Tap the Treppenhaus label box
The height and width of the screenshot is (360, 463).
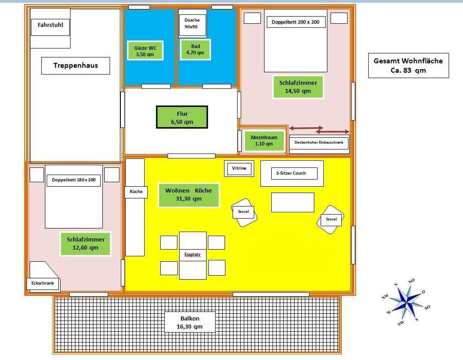pyautogui.click(x=75, y=66)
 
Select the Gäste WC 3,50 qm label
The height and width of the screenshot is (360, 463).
pyautogui.click(x=145, y=51)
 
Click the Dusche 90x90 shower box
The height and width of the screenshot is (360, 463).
pyautogui.click(x=192, y=23)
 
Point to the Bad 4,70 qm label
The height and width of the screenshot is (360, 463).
pyautogui.click(x=195, y=49)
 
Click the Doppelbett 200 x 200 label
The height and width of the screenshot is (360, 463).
pyautogui.click(x=295, y=22)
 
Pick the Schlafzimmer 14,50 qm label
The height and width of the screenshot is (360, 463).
pyautogui.click(x=298, y=87)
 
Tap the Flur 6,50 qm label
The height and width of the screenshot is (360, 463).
pyautogui.click(x=182, y=118)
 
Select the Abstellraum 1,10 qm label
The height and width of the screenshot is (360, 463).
pyautogui.click(x=264, y=141)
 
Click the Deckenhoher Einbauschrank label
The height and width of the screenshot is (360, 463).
pyautogui.click(x=319, y=143)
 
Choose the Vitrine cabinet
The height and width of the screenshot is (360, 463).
pyautogui.click(x=239, y=168)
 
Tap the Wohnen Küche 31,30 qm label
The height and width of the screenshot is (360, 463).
pyautogui.click(x=189, y=195)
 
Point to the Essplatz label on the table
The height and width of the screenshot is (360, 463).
pyautogui.click(x=193, y=255)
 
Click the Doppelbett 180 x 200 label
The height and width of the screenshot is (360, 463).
pyautogui.click(x=74, y=180)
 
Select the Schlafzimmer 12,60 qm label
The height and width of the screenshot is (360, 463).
pyautogui.click(x=86, y=244)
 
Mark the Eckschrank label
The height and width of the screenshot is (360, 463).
pyautogui.click(x=43, y=284)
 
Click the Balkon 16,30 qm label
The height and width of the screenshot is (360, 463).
pyautogui.click(x=190, y=322)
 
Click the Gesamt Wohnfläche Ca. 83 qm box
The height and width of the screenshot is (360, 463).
pyautogui.click(x=408, y=66)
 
